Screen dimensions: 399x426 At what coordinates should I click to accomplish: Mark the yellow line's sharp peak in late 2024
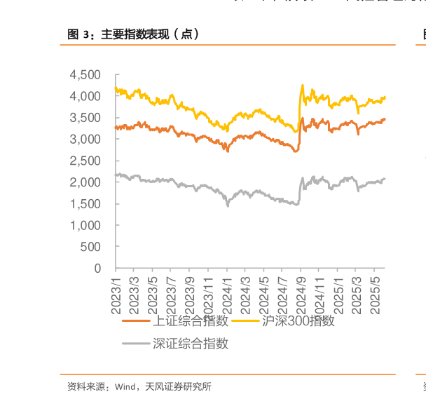[x=302, y=85]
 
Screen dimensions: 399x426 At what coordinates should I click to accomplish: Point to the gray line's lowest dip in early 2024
[x=228, y=205]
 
